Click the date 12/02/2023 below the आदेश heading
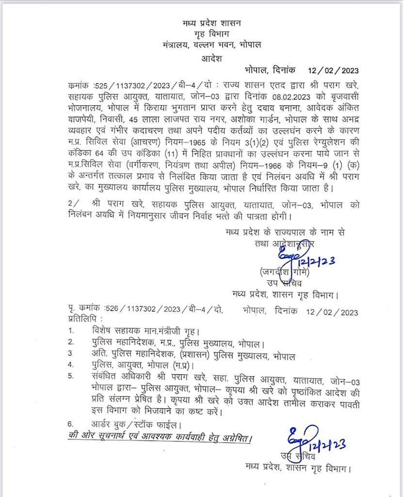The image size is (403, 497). pyautogui.click(x=333, y=71)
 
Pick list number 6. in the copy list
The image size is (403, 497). pyautogui.click(x=71, y=423)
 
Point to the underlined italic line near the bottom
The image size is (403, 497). pyautogui.click(x=160, y=437)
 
